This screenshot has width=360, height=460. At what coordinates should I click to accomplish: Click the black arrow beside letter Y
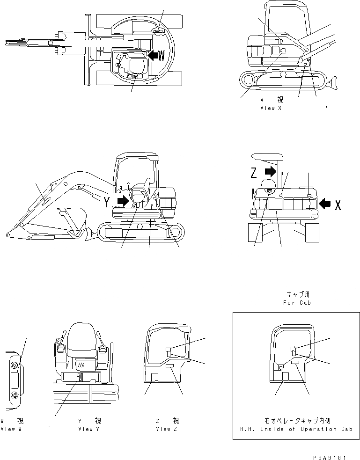pyautogui.click(x=122, y=201)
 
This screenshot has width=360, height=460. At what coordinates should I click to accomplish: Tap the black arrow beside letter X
pyautogui.click(x=324, y=203)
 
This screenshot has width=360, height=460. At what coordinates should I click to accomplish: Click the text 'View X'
pyautogui.click(x=270, y=108)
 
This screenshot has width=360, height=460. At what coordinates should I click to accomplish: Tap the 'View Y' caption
pyautogui.click(x=89, y=429)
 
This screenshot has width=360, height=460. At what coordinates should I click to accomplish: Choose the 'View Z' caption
pyautogui.click(x=167, y=429)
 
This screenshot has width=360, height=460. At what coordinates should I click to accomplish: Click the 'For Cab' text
pyautogui.click(x=296, y=302)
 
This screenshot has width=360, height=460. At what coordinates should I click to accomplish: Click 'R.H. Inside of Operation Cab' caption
pyautogui.click(x=295, y=429)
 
